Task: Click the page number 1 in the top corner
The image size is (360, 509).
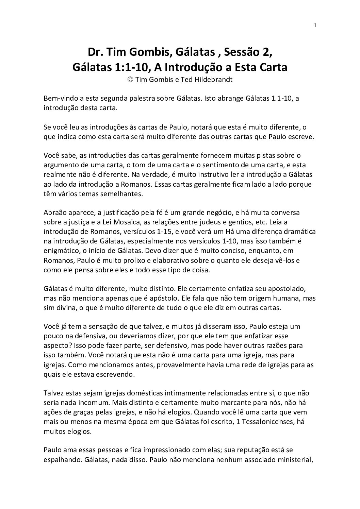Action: tap(315, 25)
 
